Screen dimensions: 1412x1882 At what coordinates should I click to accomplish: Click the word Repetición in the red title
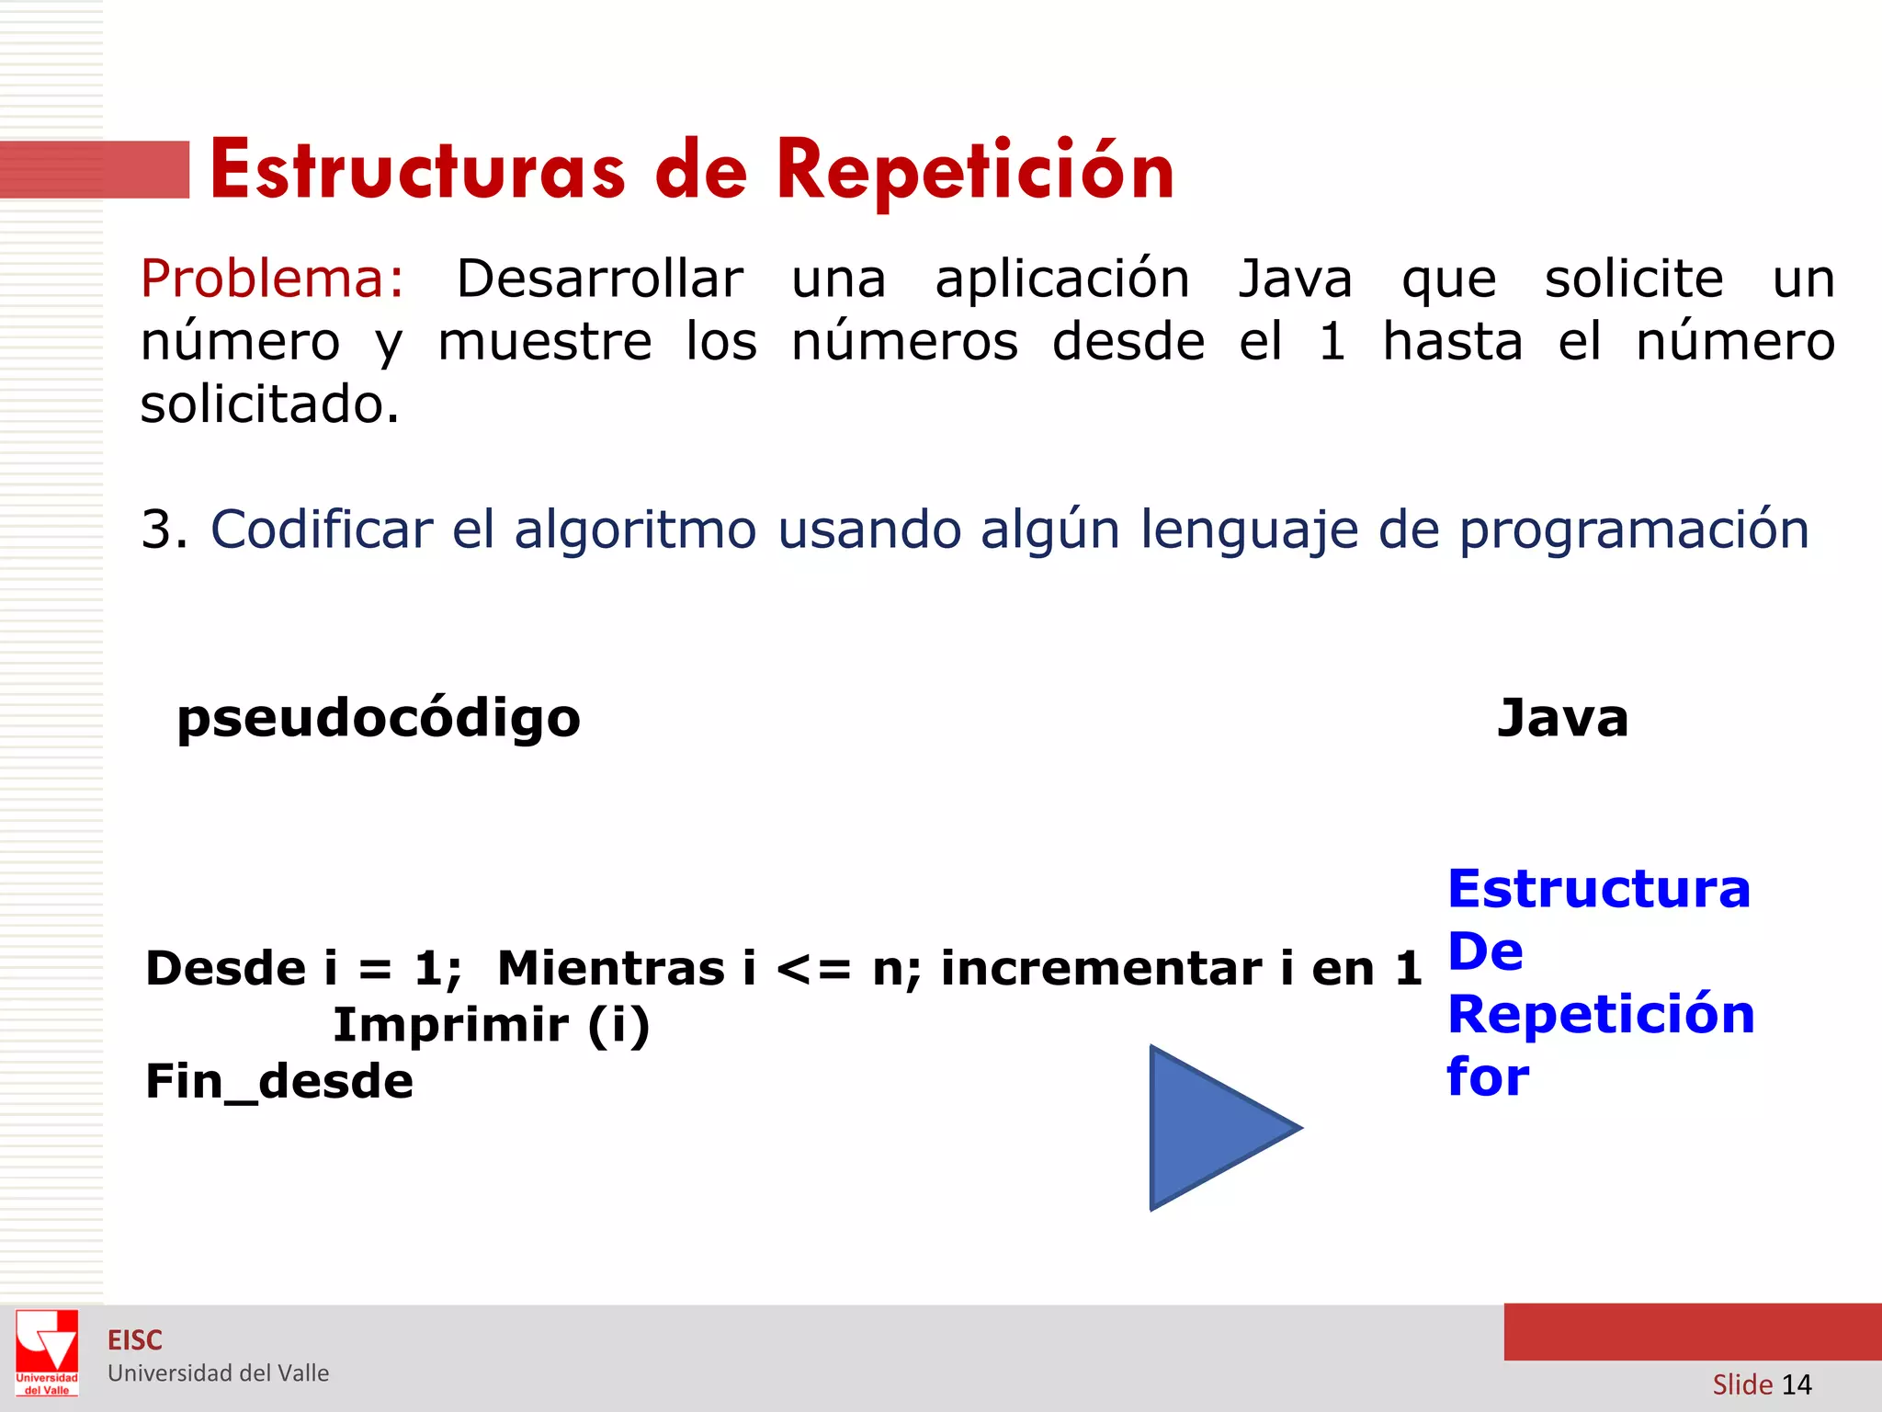[x=975, y=171]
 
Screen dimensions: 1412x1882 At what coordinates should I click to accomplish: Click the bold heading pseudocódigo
[x=379, y=718]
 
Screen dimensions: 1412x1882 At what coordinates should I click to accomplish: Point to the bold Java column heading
[x=1562, y=718]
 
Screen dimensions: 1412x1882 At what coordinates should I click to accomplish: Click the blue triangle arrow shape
[x=1213, y=1128]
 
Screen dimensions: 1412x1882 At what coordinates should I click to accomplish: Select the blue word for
[x=1488, y=1076]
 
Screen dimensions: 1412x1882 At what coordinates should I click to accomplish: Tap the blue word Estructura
[x=1599, y=889]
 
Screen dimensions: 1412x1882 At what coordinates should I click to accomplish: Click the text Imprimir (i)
[x=491, y=1025]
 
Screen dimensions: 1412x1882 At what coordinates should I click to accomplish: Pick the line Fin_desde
[x=279, y=1081]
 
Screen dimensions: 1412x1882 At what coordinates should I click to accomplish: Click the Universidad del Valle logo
[x=47, y=1352]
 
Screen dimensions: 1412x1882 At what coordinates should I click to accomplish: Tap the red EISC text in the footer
[x=135, y=1340]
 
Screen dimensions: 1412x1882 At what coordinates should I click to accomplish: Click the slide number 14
[x=1796, y=1384]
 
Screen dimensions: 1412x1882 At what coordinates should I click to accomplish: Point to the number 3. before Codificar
[x=164, y=530]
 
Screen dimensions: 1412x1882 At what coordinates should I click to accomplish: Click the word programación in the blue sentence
[x=1634, y=530]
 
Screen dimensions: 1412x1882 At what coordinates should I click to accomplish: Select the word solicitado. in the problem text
[x=270, y=404]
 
